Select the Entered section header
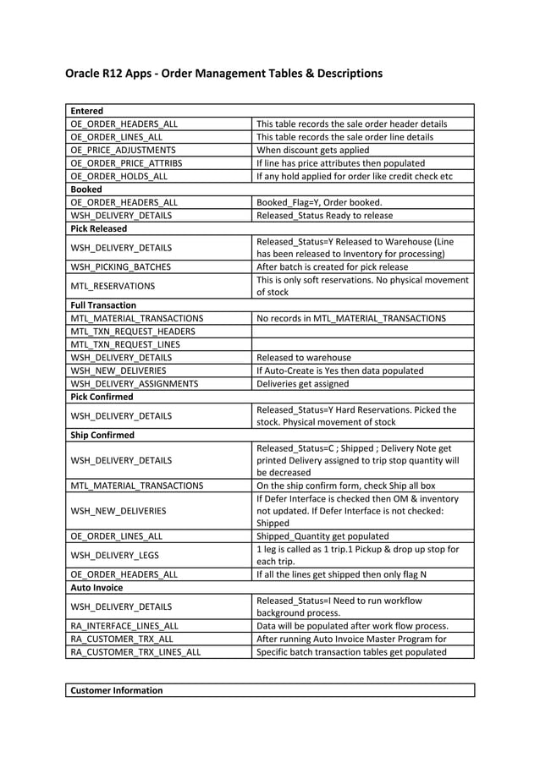(x=87, y=111)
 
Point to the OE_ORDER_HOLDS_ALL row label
(x=118, y=176)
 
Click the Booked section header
(x=86, y=189)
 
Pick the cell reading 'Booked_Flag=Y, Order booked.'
(x=319, y=202)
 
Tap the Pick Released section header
(x=99, y=228)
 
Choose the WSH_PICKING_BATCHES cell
(x=120, y=266)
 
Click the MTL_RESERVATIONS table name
(x=113, y=286)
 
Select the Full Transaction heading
(x=103, y=305)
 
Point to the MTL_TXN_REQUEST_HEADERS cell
(x=133, y=332)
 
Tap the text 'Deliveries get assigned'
(x=302, y=383)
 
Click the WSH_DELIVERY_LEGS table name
(x=113, y=555)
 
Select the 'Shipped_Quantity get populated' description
(x=322, y=535)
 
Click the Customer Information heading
(x=117, y=690)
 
